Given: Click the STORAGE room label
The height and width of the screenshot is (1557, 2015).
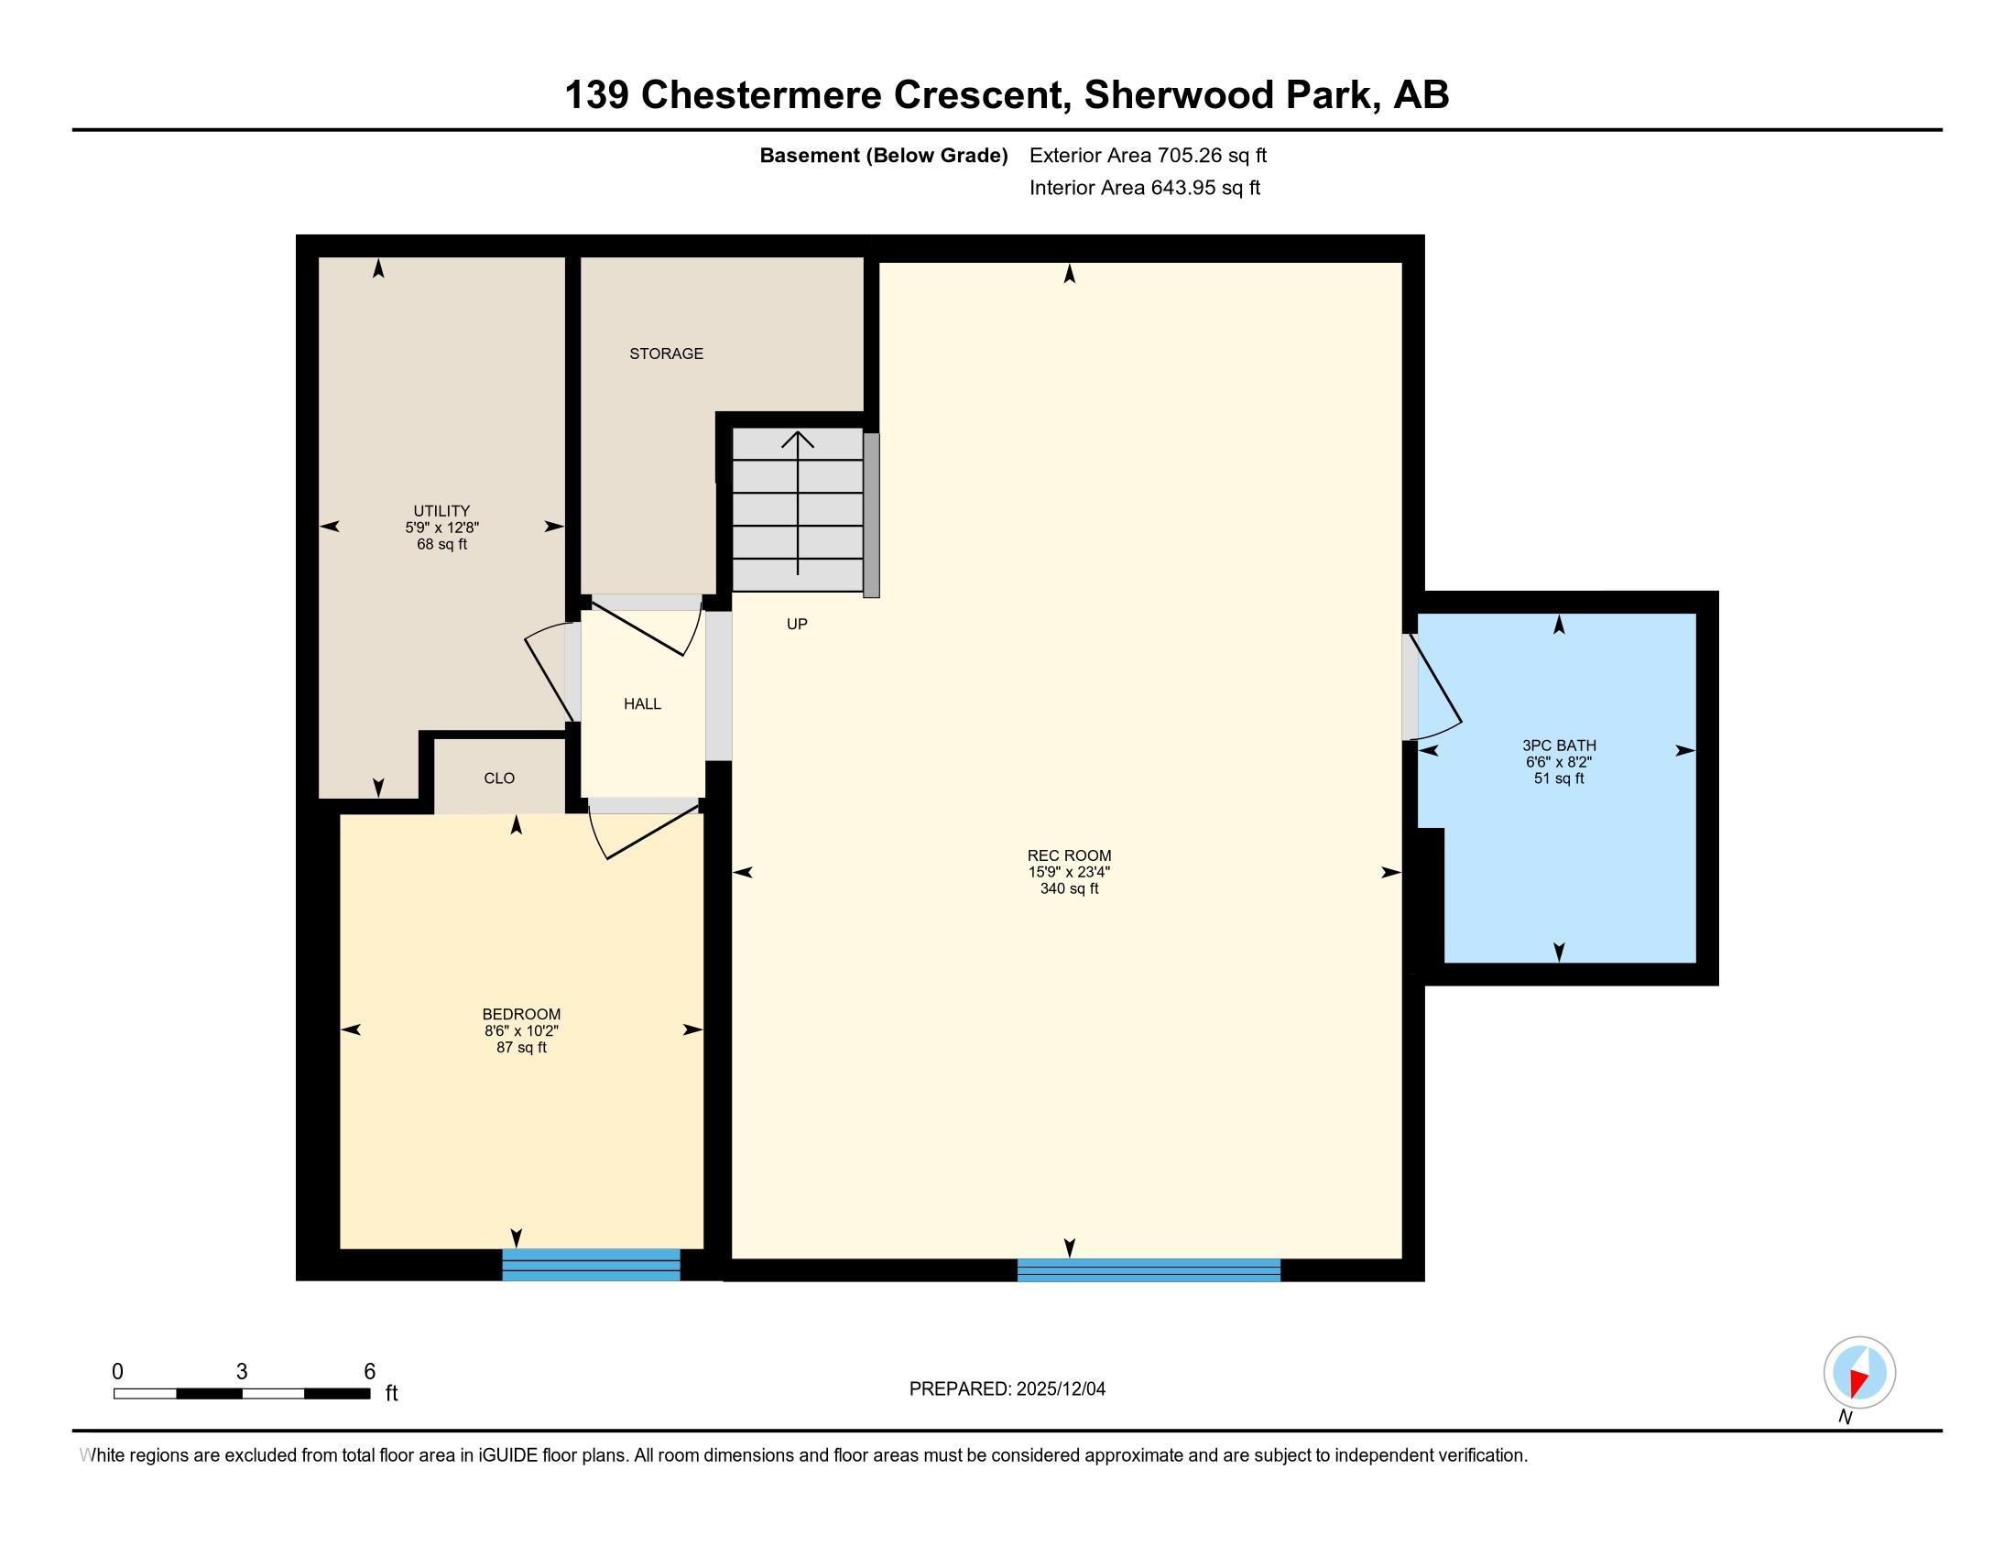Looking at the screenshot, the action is (x=666, y=354).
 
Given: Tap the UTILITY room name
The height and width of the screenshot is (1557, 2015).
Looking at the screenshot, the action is (x=442, y=511).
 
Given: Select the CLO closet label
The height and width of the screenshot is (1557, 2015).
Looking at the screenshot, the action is (x=499, y=778).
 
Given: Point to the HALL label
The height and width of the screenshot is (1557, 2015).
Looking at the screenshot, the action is (x=642, y=703).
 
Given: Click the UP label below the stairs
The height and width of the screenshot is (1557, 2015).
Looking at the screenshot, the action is (x=797, y=625).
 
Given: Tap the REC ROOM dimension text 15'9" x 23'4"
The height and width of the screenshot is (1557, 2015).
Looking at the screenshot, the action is (x=1069, y=872).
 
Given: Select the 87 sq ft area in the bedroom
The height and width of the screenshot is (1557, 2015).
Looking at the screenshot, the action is (x=521, y=1048).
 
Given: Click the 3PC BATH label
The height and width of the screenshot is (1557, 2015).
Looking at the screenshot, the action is (x=1559, y=746).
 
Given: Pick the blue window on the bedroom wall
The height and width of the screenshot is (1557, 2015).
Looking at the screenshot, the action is (x=592, y=1265).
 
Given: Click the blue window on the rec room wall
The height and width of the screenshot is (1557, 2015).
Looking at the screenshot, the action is (x=1149, y=1270).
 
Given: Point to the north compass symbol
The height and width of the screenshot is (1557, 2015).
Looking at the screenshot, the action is (x=1859, y=1373).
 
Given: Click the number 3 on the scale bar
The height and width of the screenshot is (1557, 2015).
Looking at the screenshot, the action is (x=242, y=1372).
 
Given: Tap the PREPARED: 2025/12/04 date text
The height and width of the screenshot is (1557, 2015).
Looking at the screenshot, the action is (x=1007, y=1389).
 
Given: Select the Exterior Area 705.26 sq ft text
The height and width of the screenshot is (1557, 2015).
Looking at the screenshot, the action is (x=1148, y=156).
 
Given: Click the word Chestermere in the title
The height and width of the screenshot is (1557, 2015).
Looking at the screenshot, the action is (x=761, y=95).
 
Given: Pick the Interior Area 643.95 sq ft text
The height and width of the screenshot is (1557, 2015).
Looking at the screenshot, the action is (x=1145, y=188).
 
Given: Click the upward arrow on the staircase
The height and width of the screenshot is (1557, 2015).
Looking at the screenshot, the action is (x=797, y=502).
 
